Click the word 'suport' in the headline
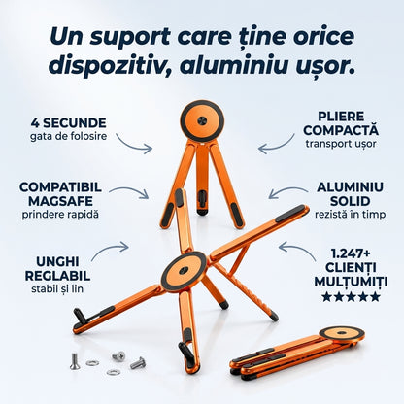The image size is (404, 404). click(130, 37)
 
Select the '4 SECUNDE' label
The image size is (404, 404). click(69, 123)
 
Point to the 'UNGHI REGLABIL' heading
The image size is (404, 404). click(57, 269)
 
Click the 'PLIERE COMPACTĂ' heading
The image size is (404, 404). click(341, 123)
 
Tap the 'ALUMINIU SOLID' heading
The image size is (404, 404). click(350, 194)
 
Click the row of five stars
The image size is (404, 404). click(351, 296)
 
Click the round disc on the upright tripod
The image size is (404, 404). click(202, 120)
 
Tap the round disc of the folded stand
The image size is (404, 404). click(342, 333)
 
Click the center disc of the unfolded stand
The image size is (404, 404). click(184, 271)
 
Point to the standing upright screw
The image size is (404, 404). click(74, 361)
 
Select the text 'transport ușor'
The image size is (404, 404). click(341, 144)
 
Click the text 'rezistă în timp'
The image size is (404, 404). click(350, 214)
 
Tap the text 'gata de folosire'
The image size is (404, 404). click(69, 136)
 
